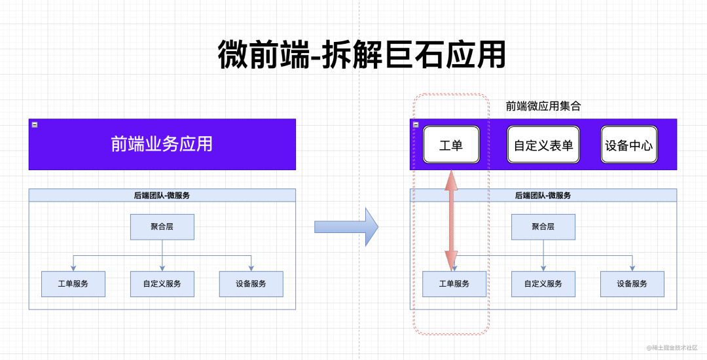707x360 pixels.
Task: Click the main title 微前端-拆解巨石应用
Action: tap(361, 55)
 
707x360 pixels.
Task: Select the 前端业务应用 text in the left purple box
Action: tap(162, 144)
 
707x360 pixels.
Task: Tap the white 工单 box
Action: tap(451, 145)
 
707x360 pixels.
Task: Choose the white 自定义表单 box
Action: tap(543, 145)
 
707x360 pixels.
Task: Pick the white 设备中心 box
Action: tap(629, 145)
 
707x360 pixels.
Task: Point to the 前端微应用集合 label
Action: tap(543, 106)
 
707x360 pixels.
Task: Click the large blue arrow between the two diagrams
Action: tap(346, 226)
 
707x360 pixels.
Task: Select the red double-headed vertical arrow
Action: tap(452, 219)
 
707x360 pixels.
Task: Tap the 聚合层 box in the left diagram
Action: tap(162, 226)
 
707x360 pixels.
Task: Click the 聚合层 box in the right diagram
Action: tap(543, 226)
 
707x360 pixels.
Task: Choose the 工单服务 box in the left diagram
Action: tap(73, 284)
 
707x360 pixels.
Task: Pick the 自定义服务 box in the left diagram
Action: tap(162, 284)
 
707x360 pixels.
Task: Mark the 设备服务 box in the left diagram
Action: tap(251, 284)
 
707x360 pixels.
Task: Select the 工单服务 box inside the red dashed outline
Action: tap(454, 284)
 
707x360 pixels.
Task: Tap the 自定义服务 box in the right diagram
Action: tap(543, 284)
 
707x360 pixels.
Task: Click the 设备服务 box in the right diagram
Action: tap(632, 284)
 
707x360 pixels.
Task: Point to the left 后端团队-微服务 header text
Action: tap(162, 195)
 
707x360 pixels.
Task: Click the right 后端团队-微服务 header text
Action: tap(543, 195)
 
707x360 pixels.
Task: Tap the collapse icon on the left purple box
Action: tap(35, 124)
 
